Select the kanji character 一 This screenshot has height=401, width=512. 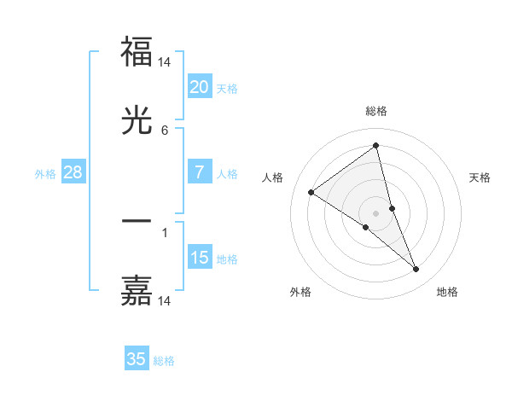[137, 221]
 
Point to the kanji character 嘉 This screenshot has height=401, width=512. [137, 290]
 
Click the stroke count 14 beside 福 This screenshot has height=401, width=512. [165, 62]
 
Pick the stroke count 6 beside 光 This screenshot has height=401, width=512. [165, 131]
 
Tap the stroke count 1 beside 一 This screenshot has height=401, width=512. [165, 231]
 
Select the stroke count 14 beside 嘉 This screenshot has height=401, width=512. [165, 301]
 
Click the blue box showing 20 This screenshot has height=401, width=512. [199, 87]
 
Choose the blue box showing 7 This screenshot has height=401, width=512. [199, 173]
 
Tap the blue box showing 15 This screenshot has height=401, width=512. [199, 258]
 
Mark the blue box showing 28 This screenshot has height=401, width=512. [73, 173]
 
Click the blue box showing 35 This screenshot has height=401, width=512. [137, 359]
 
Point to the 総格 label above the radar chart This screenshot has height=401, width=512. [376, 111]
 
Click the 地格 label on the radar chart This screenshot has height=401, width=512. [447, 292]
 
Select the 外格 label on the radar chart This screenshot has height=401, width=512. [300, 292]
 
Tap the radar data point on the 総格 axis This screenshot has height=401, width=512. [376, 146]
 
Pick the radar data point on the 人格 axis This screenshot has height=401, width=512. [311, 192]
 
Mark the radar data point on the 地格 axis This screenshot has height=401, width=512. [416, 270]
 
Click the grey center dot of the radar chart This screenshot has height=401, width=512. [376, 212]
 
